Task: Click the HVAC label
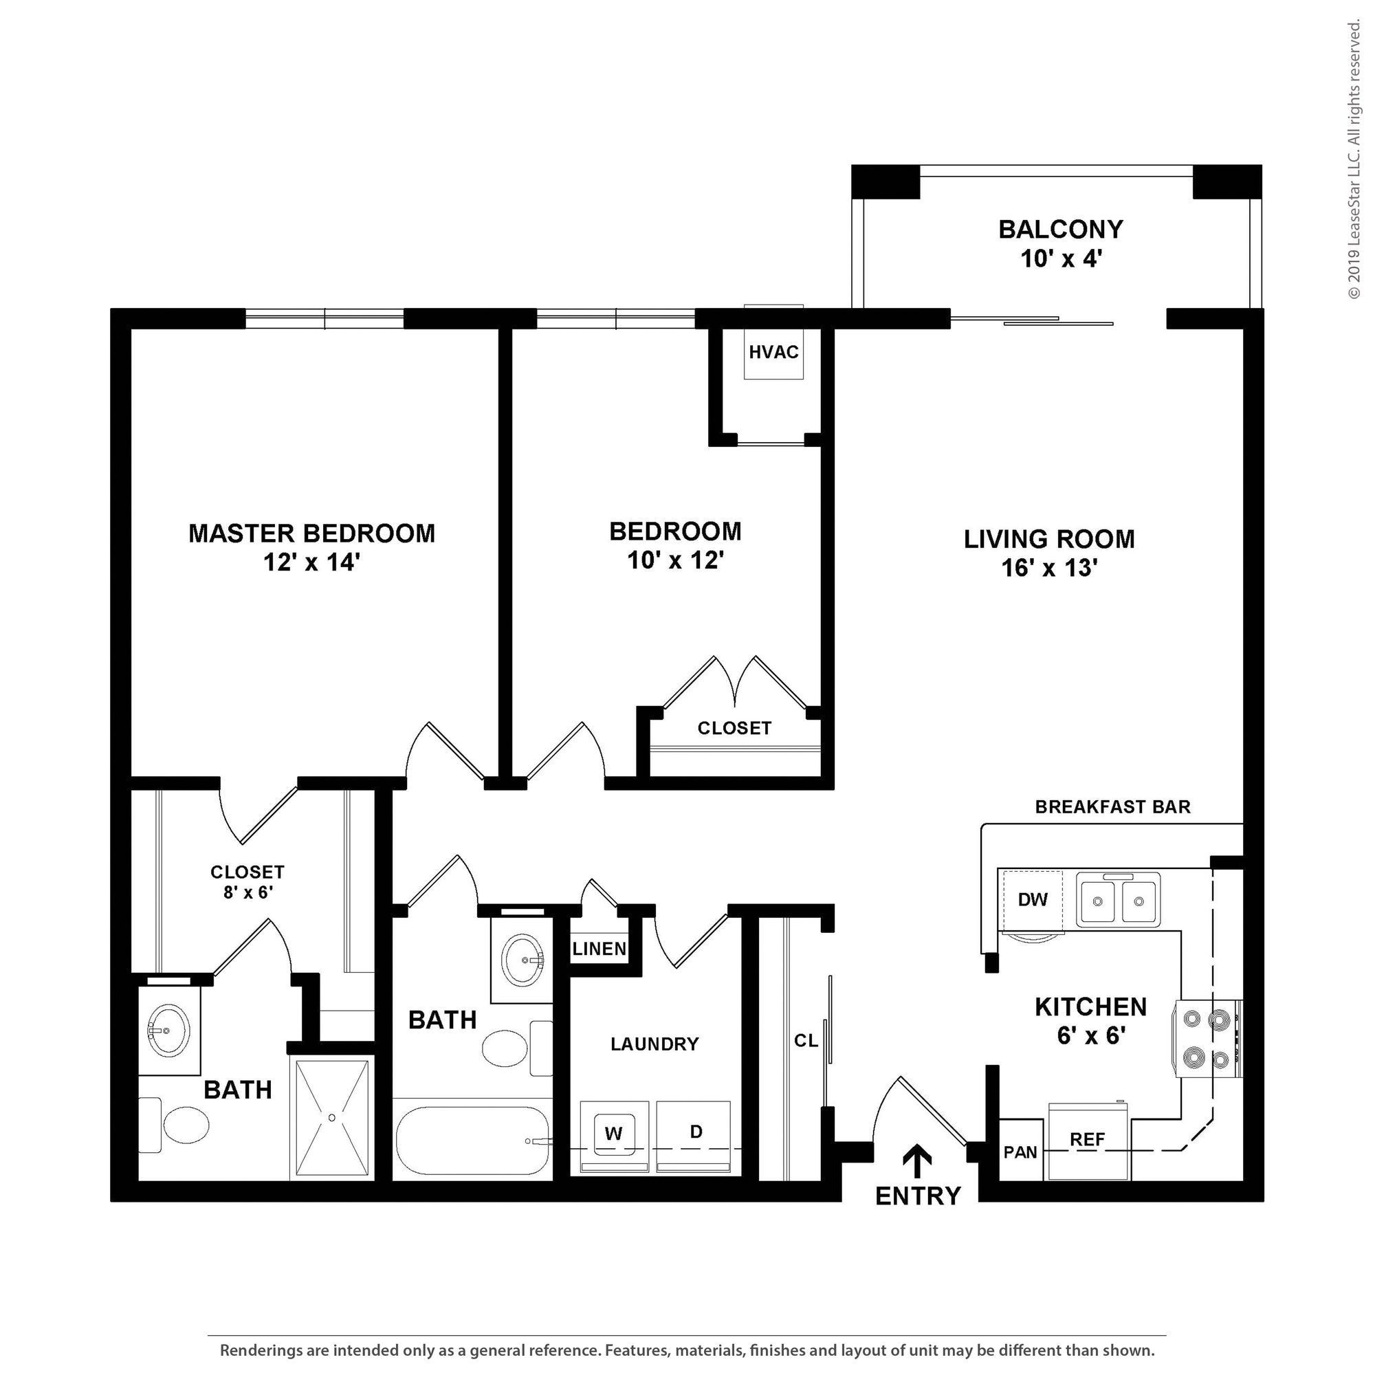(773, 351)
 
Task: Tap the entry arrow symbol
(917, 1162)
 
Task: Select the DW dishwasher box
(1033, 899)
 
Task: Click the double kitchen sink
(1118, 901)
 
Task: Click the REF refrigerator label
(1088, 1139)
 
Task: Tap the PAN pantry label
(1020, 1152)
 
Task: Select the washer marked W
(613, 1134)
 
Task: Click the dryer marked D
(696, 1132)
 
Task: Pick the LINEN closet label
(599, 949)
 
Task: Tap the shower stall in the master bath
(331, 1118)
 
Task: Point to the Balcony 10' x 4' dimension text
(1061, 259)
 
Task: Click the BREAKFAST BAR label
(1112, 806)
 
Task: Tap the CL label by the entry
(806, 1040)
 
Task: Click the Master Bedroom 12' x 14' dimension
(311, 563)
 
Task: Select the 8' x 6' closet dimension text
(248, 892)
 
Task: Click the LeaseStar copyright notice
(1354, 160)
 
